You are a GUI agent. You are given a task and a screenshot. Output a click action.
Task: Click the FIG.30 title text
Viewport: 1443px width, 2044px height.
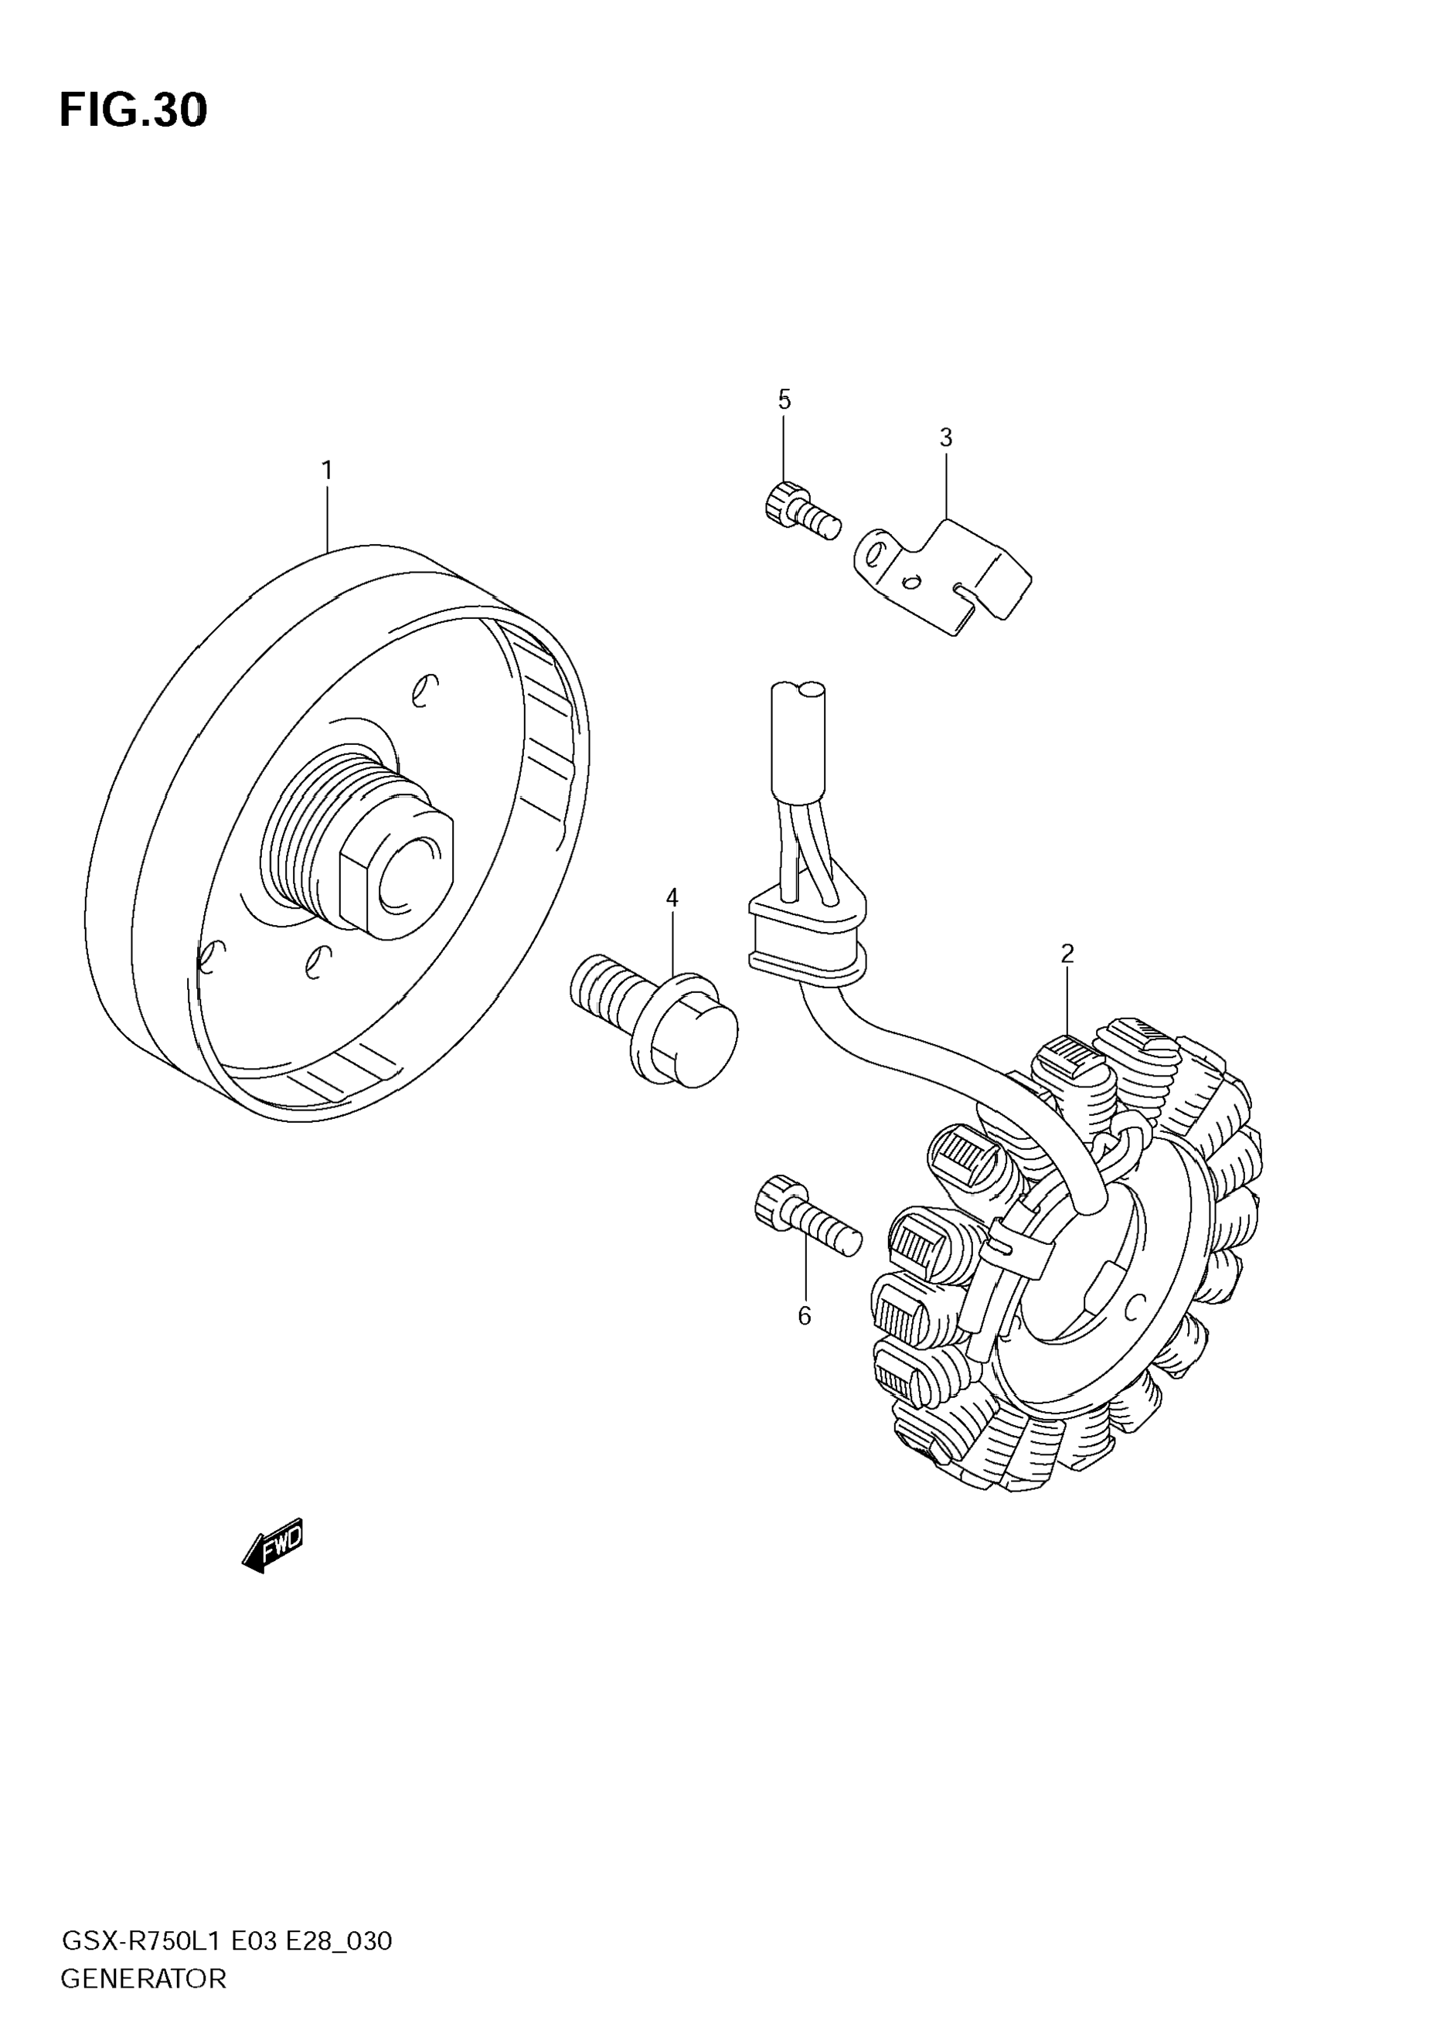pos(134,111)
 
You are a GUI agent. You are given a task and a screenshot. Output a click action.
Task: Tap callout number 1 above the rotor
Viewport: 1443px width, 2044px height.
pos(327,470)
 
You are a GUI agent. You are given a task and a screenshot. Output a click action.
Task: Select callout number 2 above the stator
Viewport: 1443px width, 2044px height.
pos(1067,954)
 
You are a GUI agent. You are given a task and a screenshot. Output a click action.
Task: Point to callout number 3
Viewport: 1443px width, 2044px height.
pos(945,438)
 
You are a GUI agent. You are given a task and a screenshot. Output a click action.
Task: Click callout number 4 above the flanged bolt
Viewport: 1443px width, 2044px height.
pos(672,897)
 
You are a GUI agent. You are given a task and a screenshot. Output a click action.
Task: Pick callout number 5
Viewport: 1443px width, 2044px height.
pos(784,400)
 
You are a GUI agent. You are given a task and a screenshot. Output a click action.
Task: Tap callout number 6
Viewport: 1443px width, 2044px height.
pos(805,1317)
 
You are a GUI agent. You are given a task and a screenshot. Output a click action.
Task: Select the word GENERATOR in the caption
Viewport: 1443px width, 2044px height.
pos(143,1979)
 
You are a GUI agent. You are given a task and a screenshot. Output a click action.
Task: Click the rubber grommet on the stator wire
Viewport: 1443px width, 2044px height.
pos(806,940)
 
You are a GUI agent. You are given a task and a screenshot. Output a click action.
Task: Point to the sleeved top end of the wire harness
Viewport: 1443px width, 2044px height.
pos(798,740)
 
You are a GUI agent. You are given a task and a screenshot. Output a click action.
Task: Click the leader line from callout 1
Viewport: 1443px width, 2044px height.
pos(327,516)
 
